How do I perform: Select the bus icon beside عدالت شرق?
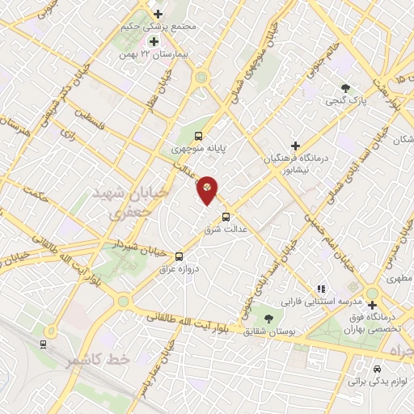coord(226,217)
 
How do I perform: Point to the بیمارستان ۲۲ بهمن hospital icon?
coord(152,41)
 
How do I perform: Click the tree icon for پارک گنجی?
coord(346,89)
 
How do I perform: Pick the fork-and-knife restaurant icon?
coord(322,287)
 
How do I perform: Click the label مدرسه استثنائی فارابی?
coord(318,300)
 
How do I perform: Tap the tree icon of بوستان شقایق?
coord(268,319)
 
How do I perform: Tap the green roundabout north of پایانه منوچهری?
coord(200,78)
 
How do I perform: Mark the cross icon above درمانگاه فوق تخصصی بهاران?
coord(372,305)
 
